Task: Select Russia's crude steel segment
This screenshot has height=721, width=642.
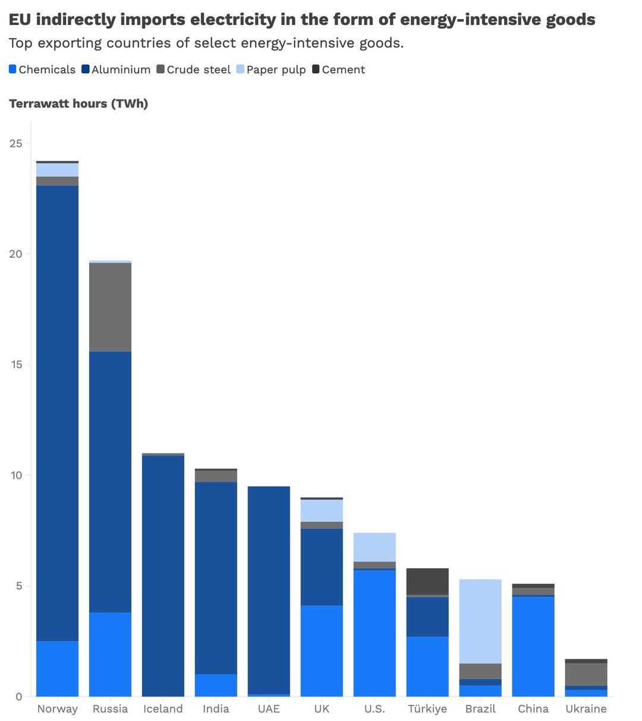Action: pyautogui.click(x=110, y=307)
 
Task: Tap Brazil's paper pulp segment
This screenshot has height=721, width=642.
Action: pyautogui.click(x=480, y=621)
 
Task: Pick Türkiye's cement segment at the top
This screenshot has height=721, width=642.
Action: pyautogui.click(x=427, y=581)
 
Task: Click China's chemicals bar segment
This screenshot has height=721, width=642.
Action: pyautogui.click(x=533, y=646)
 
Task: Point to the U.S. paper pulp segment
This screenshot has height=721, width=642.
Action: pyautogui.click(x=374, y=547)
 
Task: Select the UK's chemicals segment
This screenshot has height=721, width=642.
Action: pyautogui.click(x=322, y=651)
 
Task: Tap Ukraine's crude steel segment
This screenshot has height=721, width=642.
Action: pyautogui.click(x=586, y=674)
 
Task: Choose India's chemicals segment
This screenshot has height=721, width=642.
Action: pyautogui.click(x=216, y=685)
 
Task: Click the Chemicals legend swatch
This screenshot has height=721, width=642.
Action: pyautogui.click(x=13, y=70)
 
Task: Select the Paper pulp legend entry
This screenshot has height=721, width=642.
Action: pyautogui.click(x=276, y=70)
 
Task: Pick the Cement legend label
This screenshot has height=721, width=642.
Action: pyautogui.click(x=343, y=70)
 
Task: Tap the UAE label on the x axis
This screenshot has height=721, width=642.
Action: pyautogui.click(x=269, y=709)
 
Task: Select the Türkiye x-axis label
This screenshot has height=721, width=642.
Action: pyautogui.click(x=427, y=709)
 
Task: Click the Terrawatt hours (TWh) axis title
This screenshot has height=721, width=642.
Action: pyautogui.click(x=78, y=104)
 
